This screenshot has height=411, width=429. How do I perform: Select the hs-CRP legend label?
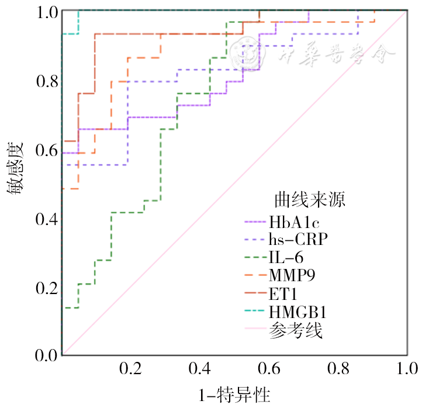[x=298, y=239]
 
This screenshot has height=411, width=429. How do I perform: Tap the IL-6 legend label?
[x=286, y=257]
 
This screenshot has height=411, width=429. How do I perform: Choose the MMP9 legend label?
[x=292, y=274]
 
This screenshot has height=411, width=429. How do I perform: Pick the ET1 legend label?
[x=283, y=292]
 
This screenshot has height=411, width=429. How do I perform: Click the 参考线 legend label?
[x=296, y=330]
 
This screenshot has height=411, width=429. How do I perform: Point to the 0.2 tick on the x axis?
[x=130, y=369]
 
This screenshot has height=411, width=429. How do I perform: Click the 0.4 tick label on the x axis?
[x=200, y=369]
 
